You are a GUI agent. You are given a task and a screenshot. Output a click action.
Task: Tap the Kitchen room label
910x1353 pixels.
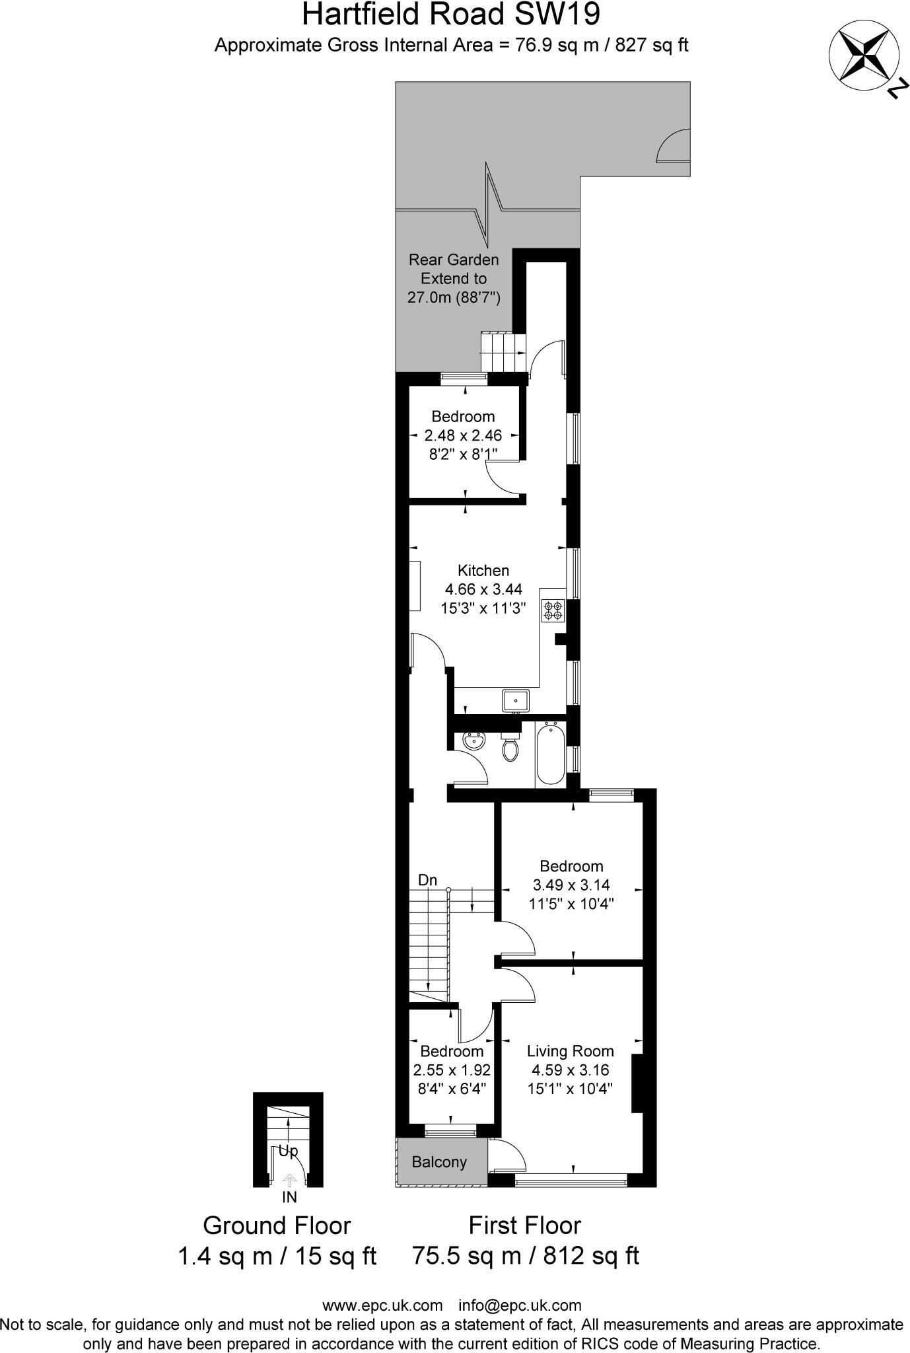point(483,571)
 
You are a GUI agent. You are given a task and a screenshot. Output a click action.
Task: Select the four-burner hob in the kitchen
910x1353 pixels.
point(553,610)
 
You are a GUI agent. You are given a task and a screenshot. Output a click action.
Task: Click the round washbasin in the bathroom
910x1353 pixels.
point(473,741)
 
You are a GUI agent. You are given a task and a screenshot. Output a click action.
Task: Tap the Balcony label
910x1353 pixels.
point(439,1162)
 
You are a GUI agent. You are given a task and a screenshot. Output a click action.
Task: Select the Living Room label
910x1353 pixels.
point(570,1051)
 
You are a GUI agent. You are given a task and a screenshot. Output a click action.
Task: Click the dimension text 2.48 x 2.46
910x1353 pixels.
point(463,435)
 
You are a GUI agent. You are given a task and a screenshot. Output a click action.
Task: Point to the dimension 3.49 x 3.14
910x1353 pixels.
point(571,885)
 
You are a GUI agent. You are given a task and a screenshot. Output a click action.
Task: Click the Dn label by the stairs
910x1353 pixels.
point(427,880)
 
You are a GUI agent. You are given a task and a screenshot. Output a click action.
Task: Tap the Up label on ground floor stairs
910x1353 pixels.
point(288,1151)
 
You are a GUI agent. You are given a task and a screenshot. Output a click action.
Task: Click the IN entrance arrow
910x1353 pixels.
point(289,1181)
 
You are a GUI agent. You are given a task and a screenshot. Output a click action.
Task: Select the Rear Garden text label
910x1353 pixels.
point(454,260)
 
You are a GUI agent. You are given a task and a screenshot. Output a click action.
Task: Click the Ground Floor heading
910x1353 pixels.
point(276,1225)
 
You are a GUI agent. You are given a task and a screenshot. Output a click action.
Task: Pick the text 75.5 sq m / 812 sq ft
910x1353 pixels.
point(525,1255)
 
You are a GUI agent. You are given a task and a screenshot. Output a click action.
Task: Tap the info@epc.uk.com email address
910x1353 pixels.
point(520,1305)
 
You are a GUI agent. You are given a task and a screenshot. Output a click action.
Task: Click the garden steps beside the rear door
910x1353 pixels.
point(502,352)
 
